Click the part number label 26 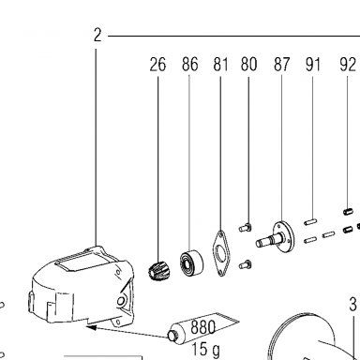tap(157, 65)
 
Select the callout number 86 tap(190, 65)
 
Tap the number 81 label tap(220, 65)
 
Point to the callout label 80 tap(248, 65)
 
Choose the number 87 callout tap(281, 65)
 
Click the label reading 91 tap(313, 65)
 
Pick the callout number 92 tap(348, 65)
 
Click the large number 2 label tap(97, 35)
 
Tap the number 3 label tap(352, 304)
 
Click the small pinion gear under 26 tap(155, 271)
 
